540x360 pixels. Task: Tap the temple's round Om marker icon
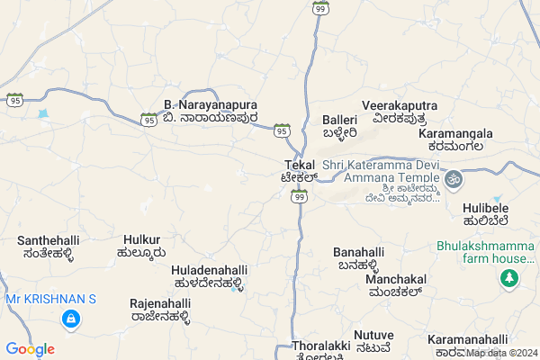coord(454,178)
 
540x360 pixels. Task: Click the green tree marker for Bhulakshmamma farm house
coord(509,279)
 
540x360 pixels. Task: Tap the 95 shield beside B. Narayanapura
coord(148,119)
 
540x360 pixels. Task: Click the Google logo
coord(30,349)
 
